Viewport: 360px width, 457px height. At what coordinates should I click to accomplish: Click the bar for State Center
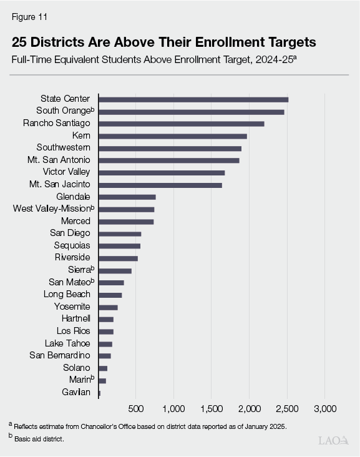193,99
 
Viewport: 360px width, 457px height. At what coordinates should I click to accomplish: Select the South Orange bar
191,112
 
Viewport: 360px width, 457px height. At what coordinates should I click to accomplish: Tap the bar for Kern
172,136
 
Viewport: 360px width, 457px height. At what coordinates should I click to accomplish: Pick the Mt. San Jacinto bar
160,185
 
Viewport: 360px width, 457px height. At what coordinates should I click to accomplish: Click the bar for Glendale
127,197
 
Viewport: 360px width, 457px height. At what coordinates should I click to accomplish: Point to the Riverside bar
118,258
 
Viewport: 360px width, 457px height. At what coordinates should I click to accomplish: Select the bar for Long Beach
110,295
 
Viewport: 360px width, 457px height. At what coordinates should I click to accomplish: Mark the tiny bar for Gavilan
99,393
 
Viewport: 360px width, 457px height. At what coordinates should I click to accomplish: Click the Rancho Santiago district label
56,124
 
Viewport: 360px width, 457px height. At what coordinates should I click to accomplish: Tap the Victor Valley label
66,172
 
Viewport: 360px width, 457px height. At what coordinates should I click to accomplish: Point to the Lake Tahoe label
67,343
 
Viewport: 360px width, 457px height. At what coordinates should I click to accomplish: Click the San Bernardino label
60,356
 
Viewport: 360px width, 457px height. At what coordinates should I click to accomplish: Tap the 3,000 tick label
324,408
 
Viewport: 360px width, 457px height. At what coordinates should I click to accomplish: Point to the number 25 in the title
21,43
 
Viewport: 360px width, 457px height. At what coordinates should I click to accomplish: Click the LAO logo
334,440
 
